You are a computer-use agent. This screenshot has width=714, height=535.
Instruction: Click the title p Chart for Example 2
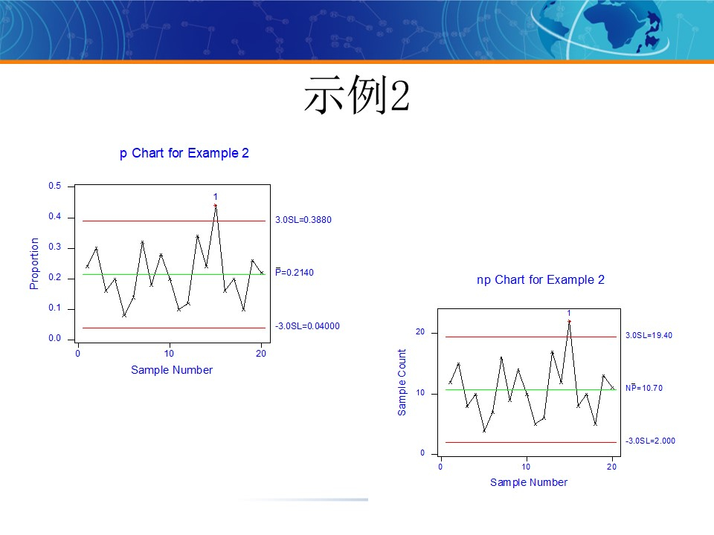point(184,153)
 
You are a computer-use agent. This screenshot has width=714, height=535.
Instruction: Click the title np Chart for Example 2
point(540,280)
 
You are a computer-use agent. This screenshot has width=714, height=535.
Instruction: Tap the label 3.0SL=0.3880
point(303,220)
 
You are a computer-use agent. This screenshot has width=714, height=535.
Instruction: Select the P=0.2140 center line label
point(295,273)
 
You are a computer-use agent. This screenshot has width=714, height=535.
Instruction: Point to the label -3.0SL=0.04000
point(307,326)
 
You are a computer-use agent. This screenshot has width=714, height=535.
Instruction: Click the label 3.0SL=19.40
point(649,336)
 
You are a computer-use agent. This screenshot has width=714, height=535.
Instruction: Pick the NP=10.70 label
point(643,388)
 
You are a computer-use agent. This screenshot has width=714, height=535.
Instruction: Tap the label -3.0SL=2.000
point(650,441)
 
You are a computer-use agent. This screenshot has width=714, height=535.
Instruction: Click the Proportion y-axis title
point(34,264)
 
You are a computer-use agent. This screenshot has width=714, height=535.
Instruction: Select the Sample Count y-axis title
point(402,383)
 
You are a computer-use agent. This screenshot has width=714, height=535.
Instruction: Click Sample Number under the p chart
point(172,370)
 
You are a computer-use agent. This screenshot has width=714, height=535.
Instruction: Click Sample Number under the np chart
point(529,483)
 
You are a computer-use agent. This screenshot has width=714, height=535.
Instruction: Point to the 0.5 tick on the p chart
point(55,186)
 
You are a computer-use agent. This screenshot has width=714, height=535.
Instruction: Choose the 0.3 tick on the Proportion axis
point(55,247)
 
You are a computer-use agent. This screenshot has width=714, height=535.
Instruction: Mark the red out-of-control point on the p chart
point(215,205)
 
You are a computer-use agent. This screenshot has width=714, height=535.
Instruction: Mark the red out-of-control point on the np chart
point(569,321)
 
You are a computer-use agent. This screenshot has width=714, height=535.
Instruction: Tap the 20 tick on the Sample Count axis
point(420,332)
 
